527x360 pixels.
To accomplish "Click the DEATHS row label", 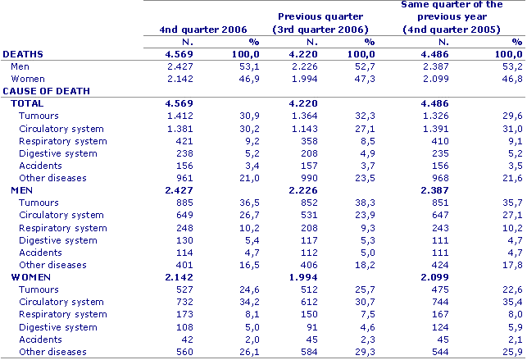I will [x=24, y=54].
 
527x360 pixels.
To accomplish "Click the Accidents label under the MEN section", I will [x=40, y=253].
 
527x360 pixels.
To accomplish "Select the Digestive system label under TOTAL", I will [x=57, y=153].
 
